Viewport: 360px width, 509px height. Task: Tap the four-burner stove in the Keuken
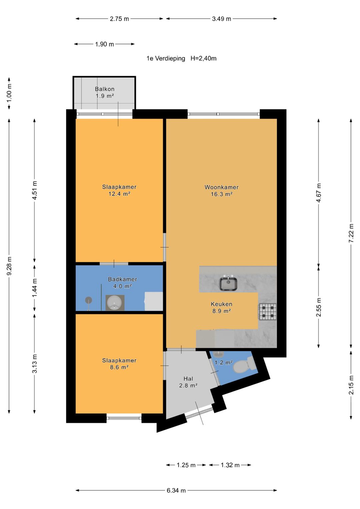(267, 312)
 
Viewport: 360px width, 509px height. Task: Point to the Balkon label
(105, 89)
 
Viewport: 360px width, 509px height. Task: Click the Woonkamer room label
(222, 187)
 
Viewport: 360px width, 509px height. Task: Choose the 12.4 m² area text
(119, 194)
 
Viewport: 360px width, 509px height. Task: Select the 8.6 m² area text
(119, 367)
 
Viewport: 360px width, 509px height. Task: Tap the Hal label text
(188, 379)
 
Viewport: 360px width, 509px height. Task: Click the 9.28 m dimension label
(9, 266)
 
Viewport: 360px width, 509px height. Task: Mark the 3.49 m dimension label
(222, 19)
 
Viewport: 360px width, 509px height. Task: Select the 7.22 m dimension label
(351, 233)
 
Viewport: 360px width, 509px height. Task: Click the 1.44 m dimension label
(35, 288)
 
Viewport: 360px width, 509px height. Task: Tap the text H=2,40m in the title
(203, 58)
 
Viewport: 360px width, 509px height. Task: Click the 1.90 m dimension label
(104, 44)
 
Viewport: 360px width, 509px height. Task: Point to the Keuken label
(222, 304)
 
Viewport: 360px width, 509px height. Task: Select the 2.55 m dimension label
(319, 307)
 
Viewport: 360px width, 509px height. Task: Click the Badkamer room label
(123, 279)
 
